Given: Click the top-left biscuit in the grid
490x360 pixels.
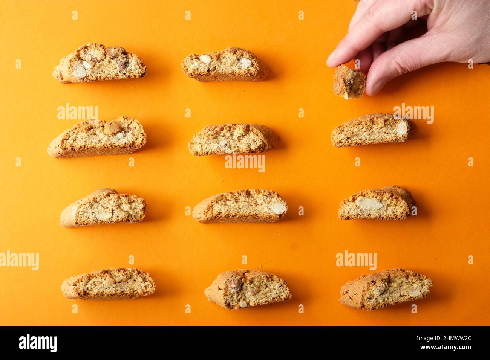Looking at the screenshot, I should [x=100, y=63].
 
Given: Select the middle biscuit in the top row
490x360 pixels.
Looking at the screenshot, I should [x=225, y=65].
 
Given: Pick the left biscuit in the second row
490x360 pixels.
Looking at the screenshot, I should [x=97, y=137].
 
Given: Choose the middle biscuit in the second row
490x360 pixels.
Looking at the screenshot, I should [x=233, y=139].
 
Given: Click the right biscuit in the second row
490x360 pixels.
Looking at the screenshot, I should [x=372, y=130].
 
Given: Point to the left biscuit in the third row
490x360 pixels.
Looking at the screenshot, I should [x=103, y=207].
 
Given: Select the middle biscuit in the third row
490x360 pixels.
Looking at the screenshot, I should [x=240, y=206].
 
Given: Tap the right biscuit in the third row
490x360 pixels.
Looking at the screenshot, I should [x=377, y=203].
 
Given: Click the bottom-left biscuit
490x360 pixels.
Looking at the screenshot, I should [x=109, y=284].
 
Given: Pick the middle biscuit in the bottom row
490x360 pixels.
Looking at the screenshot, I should [x=247, y=289].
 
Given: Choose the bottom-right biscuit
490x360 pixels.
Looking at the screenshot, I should [x=385, y=289].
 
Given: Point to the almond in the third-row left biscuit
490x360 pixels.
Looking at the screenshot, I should [x=104, y=216].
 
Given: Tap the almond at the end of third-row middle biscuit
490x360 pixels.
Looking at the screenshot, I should [x=278, y=208].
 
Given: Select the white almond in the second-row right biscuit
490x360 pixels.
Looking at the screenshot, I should [x=402, y=128].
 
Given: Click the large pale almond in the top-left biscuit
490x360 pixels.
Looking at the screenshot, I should [x=80, y=71].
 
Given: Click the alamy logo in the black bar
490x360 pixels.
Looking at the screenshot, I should [x=38, y=343].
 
